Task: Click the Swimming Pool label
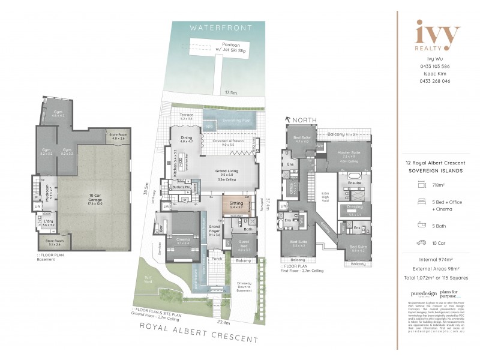(226, 121)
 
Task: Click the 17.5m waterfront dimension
(230, 93)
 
